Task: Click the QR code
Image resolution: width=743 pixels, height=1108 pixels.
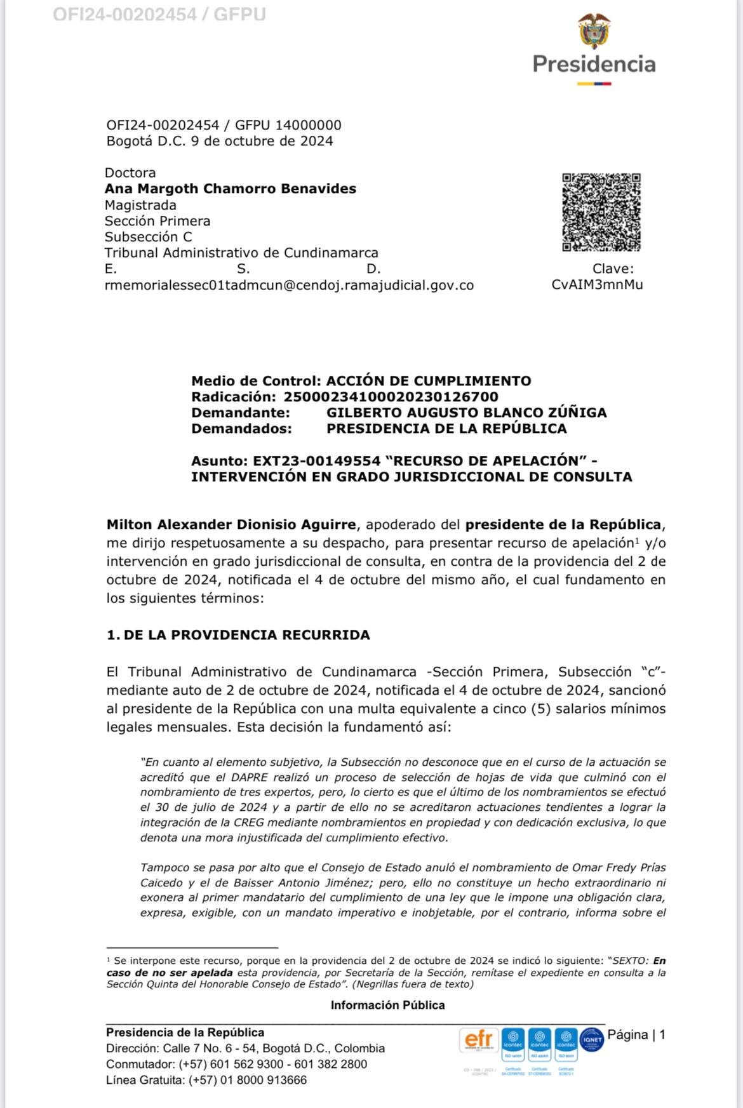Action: [x=601, y=212]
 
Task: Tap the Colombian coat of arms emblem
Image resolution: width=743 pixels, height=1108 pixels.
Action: [x=594, y=32]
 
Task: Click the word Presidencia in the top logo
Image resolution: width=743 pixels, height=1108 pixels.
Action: [x=594, y=63]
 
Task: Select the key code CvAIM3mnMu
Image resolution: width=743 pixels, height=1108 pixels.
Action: [x=597, y=284]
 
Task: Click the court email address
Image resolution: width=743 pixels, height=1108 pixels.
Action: [x=289, y=285]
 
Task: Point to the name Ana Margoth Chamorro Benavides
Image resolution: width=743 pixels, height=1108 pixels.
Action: [x=230, y=189]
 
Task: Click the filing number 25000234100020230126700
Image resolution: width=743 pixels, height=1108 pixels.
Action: [x=391, y=397]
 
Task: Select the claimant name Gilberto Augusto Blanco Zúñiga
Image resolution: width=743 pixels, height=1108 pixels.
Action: [x=466, y=413]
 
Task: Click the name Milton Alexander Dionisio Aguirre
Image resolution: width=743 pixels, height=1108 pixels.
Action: [x=231, y=525]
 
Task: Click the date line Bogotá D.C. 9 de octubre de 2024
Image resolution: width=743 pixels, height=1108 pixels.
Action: [x=220, y=141]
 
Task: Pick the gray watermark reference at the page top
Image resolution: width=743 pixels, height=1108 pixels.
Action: [x=159, y=14]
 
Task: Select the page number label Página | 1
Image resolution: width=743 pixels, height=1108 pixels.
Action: [x=636, y=1034]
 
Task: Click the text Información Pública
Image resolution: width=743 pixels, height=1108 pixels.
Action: [x=387, y=1005]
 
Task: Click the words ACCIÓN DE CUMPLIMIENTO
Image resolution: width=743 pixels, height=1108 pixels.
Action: [x=429, y=381]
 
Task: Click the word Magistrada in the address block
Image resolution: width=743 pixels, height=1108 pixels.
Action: [x=140, y=205]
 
